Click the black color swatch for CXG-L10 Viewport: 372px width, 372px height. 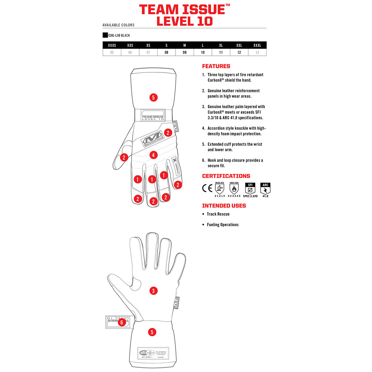click(105, 35)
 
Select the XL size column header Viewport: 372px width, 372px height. click(221, 45)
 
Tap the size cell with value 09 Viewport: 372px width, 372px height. click(185, 53)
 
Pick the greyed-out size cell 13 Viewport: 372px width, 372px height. click(257, 53)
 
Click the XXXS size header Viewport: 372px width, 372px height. click(112, 45)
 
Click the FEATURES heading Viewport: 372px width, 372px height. click(216, 66)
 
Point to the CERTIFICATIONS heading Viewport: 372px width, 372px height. click(226, 176)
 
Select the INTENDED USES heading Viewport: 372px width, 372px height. click(224, 206)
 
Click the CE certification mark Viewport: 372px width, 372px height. click(207, 188)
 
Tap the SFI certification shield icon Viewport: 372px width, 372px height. click(250, 189)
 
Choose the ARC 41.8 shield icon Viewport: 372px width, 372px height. click(265, 189)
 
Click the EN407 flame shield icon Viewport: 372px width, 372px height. click(234, 189)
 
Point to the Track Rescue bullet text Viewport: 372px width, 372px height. click(218, 214)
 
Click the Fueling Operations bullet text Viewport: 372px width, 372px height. click(223, 225)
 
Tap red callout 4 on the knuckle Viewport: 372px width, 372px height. click(153, 155)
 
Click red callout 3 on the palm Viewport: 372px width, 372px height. click(153, 291)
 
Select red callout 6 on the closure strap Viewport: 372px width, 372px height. click(122, 322)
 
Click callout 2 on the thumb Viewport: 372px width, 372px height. click(124, 158)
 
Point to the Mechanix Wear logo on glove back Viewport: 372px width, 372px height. click(153, 137)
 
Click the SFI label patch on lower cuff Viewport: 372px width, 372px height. click(153, 353)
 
